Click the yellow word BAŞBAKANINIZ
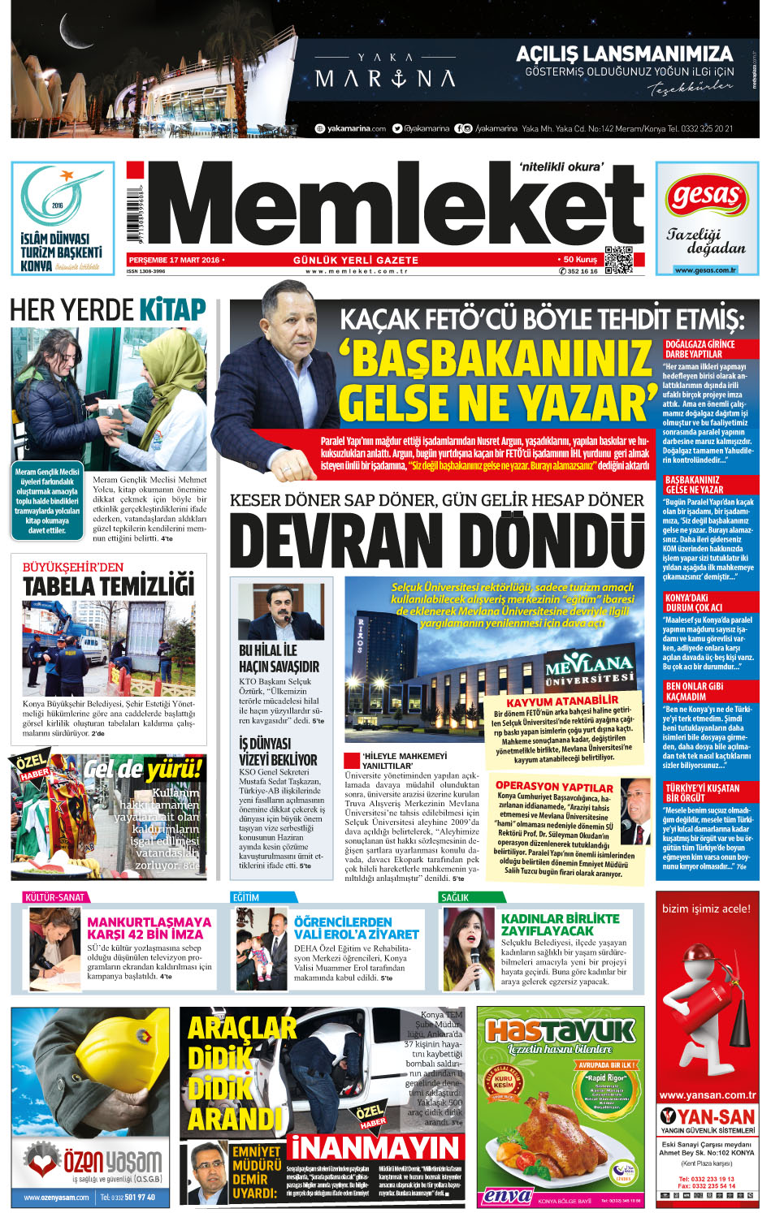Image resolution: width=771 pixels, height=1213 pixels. (x=496, y=360)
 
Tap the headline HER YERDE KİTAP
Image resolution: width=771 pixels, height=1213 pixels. (x=108, y=310)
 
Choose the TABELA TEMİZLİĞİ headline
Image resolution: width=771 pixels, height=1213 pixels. (x=109, y=585)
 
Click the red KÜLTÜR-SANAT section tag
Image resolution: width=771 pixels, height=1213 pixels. (x=55, y=897)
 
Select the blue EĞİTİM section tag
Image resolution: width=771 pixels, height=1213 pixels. (x=246, y=897)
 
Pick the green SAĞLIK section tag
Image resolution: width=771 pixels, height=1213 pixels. (x=455, y=897)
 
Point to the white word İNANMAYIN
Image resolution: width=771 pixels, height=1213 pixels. (x=375, y=1148)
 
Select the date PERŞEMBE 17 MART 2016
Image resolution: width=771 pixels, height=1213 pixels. (x=174, y=260)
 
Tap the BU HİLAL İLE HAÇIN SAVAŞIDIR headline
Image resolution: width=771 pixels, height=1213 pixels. (x=279, y=658)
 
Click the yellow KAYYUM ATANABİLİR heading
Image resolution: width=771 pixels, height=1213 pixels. (x=562, y=701)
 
